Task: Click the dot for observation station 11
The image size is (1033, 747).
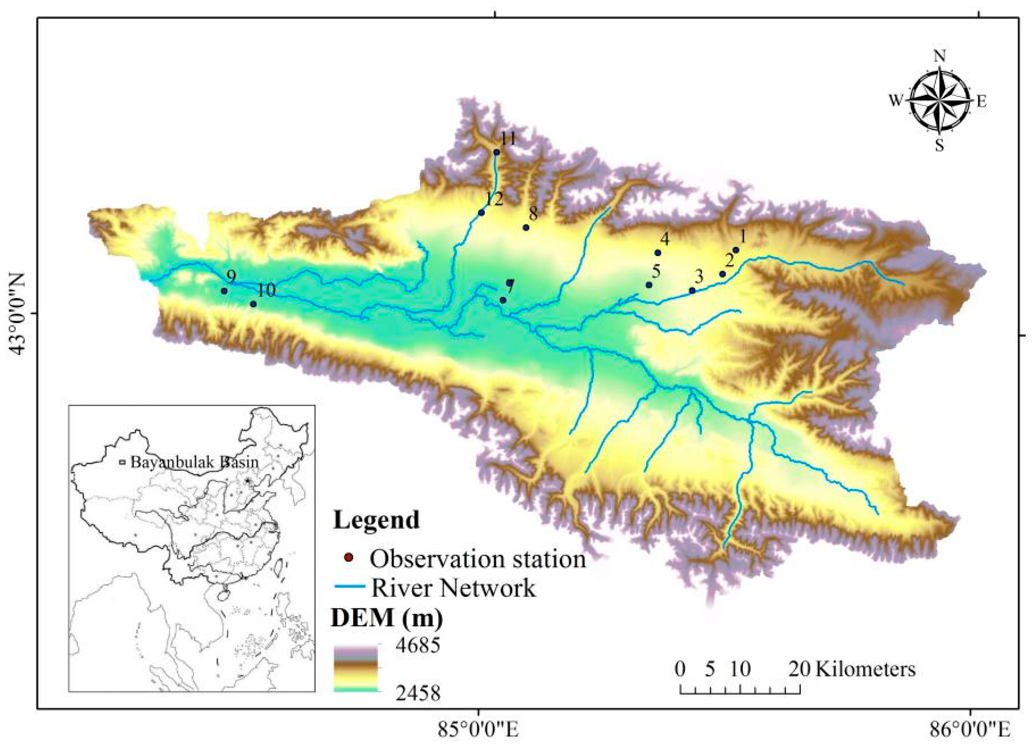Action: [497, 152]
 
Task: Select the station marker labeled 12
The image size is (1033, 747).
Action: [481, 213]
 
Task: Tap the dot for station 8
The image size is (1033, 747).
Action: [526, 227]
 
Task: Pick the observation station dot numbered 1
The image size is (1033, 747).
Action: [736, 250]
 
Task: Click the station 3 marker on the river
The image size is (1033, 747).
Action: [692, 290]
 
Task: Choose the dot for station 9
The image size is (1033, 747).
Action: [224, 291]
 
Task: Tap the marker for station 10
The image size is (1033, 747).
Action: [253, 304]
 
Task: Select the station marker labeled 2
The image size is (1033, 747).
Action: [722, 274]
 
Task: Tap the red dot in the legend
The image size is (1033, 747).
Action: [348, 558]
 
